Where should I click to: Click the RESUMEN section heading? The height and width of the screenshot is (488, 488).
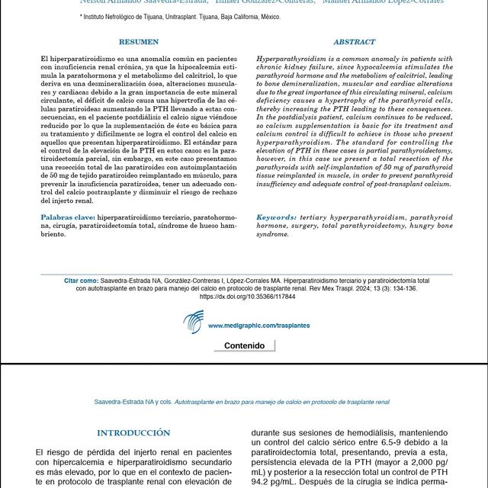(139, 42)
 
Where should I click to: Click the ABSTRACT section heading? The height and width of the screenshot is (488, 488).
(354, 42)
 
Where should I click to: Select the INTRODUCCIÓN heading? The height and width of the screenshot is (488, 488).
(134, 433)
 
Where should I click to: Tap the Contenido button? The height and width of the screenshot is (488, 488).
(244, 345)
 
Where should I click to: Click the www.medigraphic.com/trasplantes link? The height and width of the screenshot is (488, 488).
(258, 326)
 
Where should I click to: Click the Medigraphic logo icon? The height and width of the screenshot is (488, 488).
(193, 322)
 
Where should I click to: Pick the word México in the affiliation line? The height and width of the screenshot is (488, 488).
(265, 16)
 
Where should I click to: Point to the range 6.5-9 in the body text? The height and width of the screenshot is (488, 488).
(389, 442)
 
